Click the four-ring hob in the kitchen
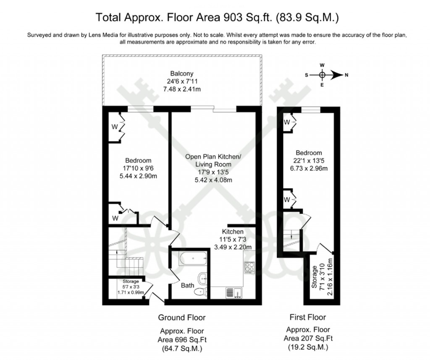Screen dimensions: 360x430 tap(249, 267)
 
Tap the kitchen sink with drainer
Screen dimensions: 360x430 tap(232, 292)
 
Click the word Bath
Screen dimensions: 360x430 tap(188, 285)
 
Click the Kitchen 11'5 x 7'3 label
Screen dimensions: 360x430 tap(233, 239)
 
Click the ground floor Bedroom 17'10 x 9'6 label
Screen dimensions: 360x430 tap(138, 168)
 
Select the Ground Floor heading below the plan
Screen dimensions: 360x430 tap(181, 317)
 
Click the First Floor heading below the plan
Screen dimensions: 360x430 tap(308, 317)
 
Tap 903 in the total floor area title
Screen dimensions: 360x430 tap(235, 18)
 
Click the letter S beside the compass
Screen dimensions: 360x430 tap(307, 76)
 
